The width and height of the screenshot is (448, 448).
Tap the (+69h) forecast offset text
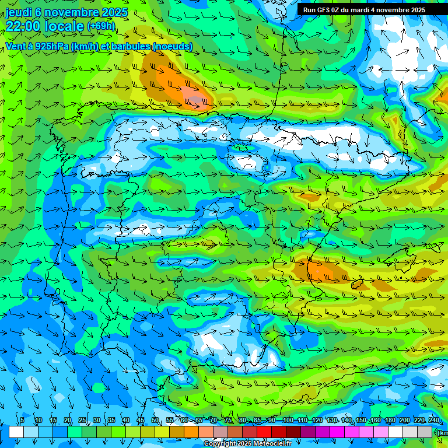coord(101,26)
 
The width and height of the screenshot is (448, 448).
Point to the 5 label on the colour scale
coord(22,420)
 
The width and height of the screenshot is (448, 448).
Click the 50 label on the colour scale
coord(155,420)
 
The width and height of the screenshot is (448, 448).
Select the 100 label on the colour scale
coord(288,420)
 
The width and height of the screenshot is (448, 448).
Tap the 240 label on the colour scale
coord(434,420)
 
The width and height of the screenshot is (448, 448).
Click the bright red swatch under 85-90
coord(264,432)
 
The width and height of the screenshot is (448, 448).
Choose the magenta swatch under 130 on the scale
coord(337,432)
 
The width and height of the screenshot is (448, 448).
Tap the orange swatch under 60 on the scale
coord(191,432)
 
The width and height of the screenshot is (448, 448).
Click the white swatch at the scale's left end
coord(16,432)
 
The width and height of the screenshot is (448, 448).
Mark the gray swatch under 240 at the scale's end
coord(425,432)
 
